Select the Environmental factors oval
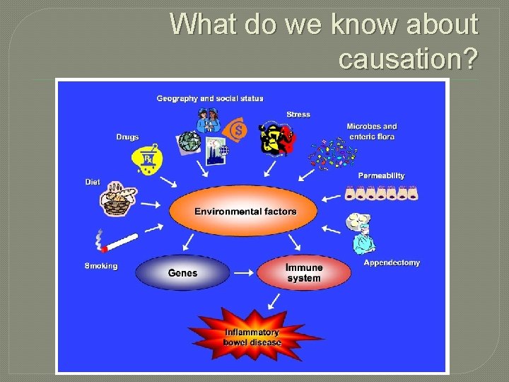click(245, 211)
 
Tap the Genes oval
click(182, 273)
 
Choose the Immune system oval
click(304, 272)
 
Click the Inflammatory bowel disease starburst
click(252, 337)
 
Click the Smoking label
click(101, 266)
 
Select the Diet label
click(93, 182)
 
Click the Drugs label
click(127, 137)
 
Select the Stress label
click(298, 114)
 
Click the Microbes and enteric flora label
click(371, 131)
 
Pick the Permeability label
click(381, 175)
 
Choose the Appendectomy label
click(391, 262)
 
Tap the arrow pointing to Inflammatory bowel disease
click(271, 301)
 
